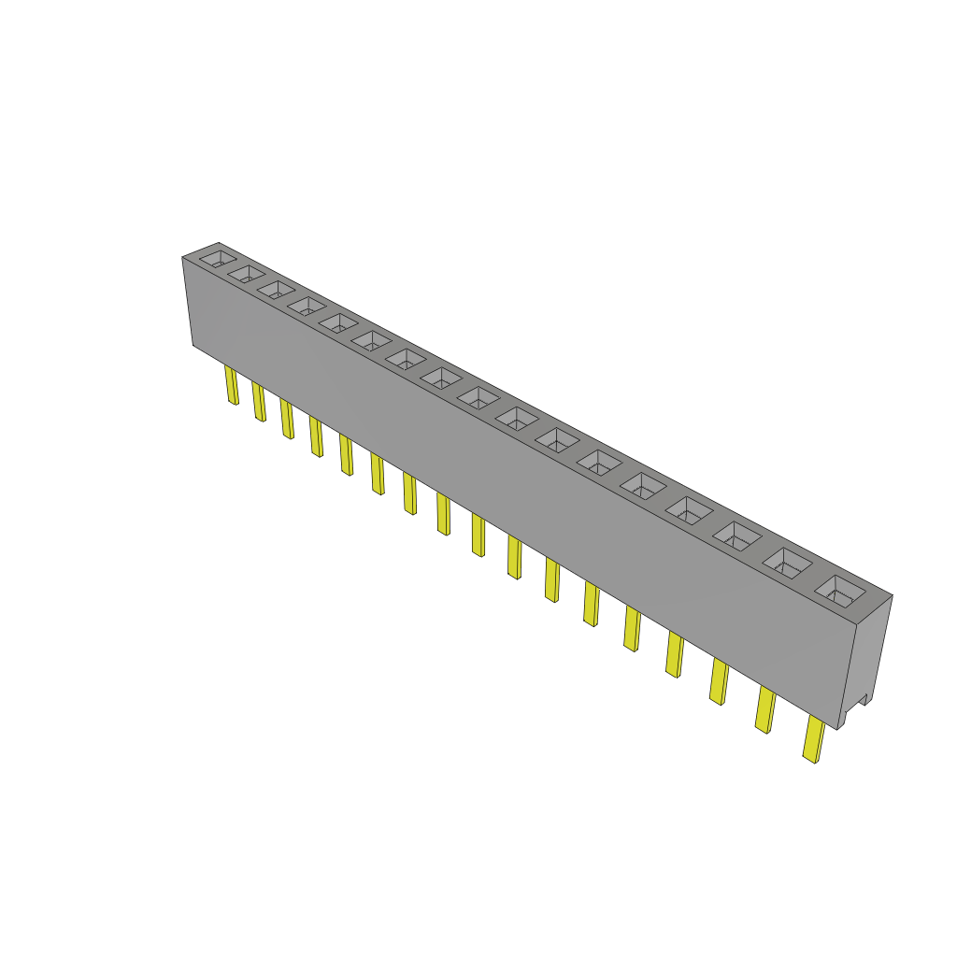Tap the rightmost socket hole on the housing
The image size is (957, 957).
(839, 590)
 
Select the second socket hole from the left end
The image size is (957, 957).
(247, 273)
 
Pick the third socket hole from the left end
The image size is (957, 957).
(277, 289)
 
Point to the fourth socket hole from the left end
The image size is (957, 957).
(306, 306)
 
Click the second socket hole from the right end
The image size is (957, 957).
(789, 563)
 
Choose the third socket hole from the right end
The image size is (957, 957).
(739, 536)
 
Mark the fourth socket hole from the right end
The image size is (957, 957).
(691, 510)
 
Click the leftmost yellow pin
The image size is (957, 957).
(231, 385)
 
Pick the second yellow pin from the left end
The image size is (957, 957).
(258, 402)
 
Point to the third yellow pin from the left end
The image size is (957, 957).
(287, 419)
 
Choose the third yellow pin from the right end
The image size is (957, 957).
(720, 681)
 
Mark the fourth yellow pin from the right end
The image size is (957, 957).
(674, 653)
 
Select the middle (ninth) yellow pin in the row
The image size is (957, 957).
(478, 535)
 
